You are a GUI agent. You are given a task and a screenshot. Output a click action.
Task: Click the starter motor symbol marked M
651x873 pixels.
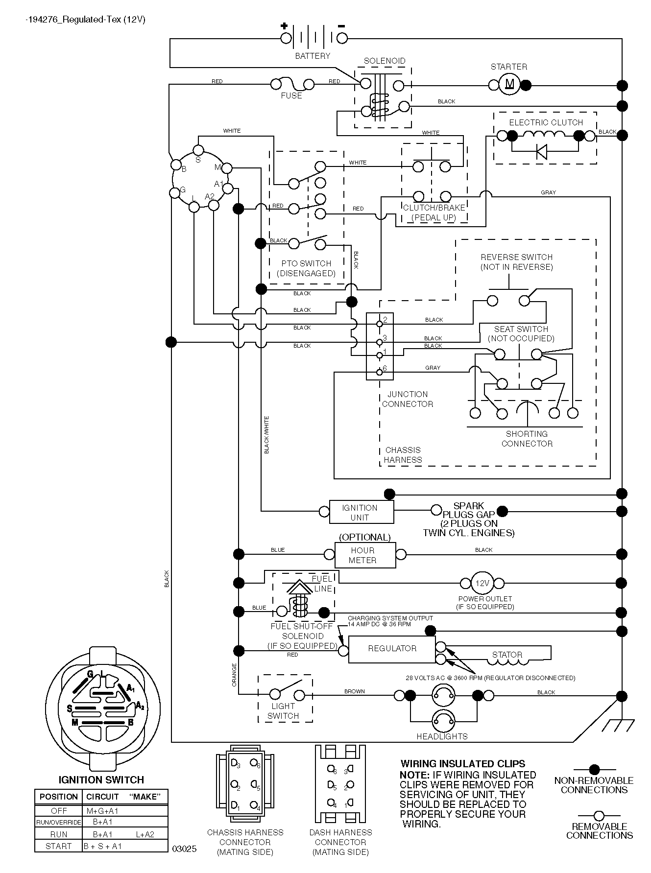509,85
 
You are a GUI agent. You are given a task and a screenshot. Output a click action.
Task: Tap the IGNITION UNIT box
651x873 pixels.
362,512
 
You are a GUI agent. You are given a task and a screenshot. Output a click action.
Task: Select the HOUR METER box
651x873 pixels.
365,555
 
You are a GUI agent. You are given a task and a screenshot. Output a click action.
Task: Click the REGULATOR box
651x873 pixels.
392,650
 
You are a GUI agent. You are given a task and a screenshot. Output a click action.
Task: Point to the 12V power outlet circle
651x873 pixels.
482,583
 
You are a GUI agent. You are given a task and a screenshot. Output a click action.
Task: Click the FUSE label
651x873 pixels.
291,95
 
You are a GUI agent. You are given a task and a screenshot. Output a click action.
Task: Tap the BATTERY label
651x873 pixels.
313,56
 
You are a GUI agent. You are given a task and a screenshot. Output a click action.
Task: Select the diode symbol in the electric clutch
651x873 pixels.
541,152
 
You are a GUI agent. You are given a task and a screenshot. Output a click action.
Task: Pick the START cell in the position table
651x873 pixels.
58,846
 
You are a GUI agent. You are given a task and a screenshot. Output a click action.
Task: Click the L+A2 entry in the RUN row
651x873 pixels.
145,834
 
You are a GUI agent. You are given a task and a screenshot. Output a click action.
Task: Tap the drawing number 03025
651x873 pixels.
184,849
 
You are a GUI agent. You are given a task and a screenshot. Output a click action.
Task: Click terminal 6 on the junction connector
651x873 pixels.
380,372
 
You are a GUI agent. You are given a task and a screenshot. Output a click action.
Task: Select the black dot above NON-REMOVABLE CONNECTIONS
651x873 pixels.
594,770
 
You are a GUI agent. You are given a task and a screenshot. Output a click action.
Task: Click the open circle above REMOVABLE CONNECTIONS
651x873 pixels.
599,816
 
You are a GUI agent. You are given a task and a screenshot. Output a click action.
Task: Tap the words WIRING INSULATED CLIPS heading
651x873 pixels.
463,764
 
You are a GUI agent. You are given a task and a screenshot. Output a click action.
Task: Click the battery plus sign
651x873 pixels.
284,26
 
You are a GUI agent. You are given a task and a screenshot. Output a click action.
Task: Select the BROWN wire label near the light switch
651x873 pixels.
354,691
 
